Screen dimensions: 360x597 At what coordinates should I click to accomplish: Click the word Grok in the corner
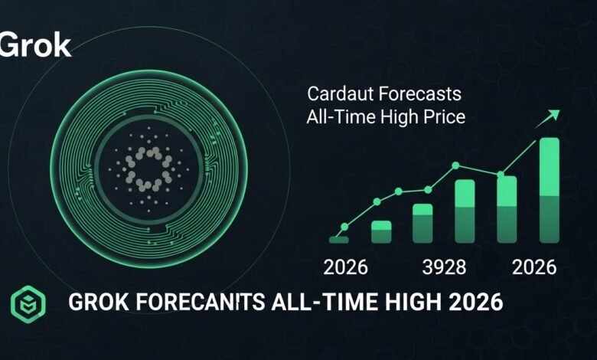(x=35, y=45)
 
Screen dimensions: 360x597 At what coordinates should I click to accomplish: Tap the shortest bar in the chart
(x=339, y=239)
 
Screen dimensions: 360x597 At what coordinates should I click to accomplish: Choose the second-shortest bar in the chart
(x=381, y=231)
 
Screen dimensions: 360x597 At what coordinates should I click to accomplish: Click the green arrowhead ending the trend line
(x=553, y=115)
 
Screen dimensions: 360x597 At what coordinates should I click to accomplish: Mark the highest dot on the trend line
(x=456, y=165)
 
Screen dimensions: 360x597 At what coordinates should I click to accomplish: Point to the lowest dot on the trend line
(x=344, y=227)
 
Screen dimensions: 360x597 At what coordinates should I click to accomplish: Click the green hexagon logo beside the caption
(x=28, y=303)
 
